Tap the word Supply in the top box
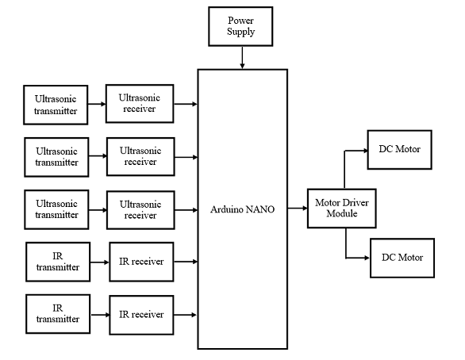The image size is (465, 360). [x=240, y=32]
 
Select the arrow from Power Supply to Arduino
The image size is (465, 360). [x=242, y=57]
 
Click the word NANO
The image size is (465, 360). [x=260, y=209]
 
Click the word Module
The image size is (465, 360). [x=342, y=213]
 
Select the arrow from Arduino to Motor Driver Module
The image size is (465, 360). [x=298, y=208]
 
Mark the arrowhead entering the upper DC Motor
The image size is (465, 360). [x=365, y=151]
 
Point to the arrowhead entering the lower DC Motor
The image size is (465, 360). [x=367, y=258]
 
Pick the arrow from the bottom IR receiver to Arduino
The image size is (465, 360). [x=186, y=315]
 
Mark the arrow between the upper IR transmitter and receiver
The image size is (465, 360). [x=100, y=262]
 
